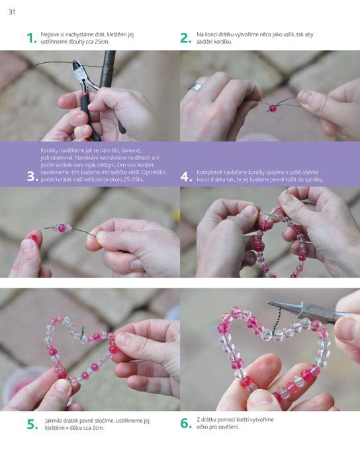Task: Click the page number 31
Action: pyautogui.click(x=12, y=12)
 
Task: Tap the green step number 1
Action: pyautogui.click(x=32, y=38)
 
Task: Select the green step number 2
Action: pyautogui.click(x=186, y=38)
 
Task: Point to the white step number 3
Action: pyautogui.click(x=32, y=177)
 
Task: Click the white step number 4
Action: pyautogui.click(x=187, y=177)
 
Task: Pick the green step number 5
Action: pyautogui.click(x=32, y=425)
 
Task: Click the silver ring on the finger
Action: pyautogui.click(x=196, y=87)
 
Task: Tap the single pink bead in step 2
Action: pyautogui.click(x=272, y=108)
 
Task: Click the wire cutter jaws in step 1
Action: pyautogui.click(x=77, y=69)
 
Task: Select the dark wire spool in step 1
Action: pyautogui.click(x=107, y=69)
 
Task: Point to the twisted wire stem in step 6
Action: pyautogui.click(x=277, y=320)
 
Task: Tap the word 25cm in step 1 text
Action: pyautogui.click(x=102, y=42)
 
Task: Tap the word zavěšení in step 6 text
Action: pyautogui.click(x=228, y=427)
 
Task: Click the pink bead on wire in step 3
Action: pyautogui.click(x=62, y=228)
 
